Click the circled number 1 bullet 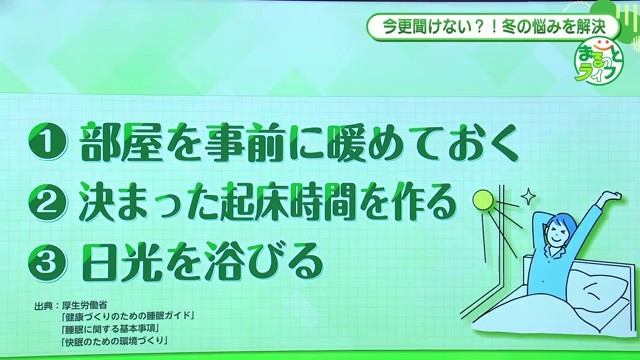48,142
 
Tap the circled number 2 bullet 48,203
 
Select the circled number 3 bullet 48,262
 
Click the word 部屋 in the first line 121,142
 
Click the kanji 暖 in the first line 350,142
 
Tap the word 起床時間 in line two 289,203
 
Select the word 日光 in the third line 121,262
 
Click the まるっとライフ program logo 599,61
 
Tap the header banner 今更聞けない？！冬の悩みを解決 493,27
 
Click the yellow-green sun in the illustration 483,201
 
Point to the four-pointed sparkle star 528,197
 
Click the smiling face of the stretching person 558,231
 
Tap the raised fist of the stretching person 613,197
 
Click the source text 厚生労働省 85,306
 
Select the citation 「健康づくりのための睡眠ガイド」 127,317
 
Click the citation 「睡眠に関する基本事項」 109,329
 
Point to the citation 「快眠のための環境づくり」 114,341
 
